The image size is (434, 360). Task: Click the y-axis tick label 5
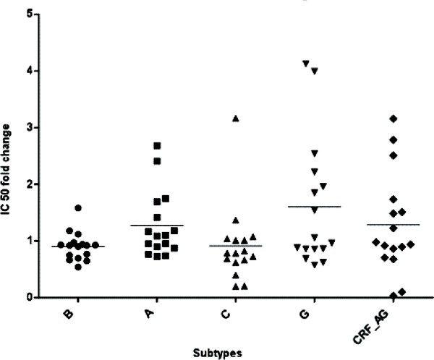(x=28, y=14)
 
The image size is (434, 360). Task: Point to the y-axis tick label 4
(x=28, y=71)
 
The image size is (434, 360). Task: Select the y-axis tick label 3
(x=28, y=127)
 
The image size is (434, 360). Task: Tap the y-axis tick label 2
(x=28, y=184)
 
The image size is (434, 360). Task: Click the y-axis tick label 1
(x=28, y=241)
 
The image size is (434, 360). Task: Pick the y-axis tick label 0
(x=28, y=297)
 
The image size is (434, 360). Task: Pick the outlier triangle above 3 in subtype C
(x=235, y=118)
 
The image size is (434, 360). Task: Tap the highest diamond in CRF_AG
(x=393, y=118)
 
